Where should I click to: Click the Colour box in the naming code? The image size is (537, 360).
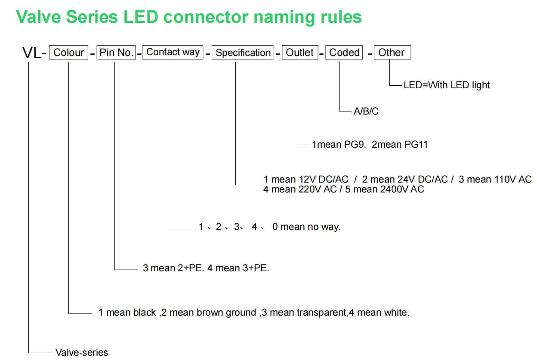point(68,52)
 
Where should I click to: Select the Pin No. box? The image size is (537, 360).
point(116,52)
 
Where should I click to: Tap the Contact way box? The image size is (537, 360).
point(173,52)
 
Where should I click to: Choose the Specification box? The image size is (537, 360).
point(243,52)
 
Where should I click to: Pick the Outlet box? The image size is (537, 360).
point(300,52)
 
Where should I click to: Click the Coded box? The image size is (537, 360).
point(344,52)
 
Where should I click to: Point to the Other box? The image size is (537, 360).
point(392,52)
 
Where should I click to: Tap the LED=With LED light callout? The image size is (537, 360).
point(446,85)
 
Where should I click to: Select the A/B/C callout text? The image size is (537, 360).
point(366,111)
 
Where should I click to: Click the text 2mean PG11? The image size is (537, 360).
point(400,145)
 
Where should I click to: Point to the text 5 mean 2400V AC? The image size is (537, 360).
point(385,189)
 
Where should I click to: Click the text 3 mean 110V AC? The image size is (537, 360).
point(495,180)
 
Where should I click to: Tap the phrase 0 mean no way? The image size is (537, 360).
point(306,227)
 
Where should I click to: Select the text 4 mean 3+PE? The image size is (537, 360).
point(238,268)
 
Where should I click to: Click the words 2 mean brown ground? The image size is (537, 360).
point(209,313)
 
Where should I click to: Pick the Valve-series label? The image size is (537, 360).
point(82,353)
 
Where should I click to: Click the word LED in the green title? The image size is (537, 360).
point(141,17)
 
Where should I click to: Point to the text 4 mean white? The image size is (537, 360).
point(379,313)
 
